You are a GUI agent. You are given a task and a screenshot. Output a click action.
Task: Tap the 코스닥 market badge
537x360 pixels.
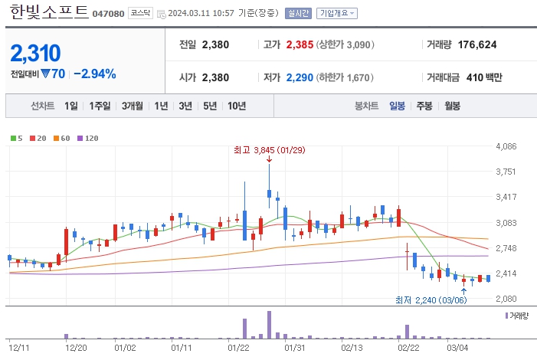pyautogui.click(x=139, y=14)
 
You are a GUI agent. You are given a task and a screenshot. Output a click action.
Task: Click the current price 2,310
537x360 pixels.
pyautogui.click(x=35, y=53)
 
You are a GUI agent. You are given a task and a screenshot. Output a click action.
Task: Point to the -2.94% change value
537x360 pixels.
pyautogui.click(x=95, y=74)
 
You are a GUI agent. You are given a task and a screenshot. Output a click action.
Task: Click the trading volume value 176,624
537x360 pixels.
pyautogui.click(x=477, y=45)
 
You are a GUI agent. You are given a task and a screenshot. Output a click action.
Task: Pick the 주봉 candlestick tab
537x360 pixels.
pyautogui.click(x=424, y=106)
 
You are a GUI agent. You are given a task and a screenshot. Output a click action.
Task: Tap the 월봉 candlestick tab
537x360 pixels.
pyautogui.click(x=452, y=106)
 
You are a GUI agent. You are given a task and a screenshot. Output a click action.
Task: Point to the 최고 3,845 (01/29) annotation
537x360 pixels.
pyautogui.click(x=269, y=150)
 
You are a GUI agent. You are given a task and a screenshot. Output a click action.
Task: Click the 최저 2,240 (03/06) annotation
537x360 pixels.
pyautogui.click(x=430, y=299)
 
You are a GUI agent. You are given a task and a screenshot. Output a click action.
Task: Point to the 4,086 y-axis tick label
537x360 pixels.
pyautogui.click(x=507, y=146)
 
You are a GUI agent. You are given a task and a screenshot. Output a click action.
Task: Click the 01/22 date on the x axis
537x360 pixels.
pyautogui.click(x=239, y=347)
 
